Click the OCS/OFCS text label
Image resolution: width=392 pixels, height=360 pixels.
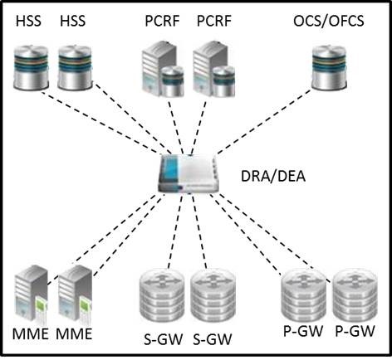pyautogui.click(x=329, y=22)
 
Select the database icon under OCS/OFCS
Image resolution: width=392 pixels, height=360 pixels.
pyautogui.click(x=329, y=67)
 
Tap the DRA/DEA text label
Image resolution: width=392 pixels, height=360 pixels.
pyautogui.click(x=273, y=176)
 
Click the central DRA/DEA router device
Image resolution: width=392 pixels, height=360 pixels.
pyautogui.click(x=189, y=173)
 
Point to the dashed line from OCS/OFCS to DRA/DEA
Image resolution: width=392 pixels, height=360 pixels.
pyautogui.click(x=264, y=122)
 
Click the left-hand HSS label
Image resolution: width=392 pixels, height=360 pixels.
pyautogui.click(x=28, y=21)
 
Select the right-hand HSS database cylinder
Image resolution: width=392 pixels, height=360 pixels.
pyautogui.click(x=75, y=67)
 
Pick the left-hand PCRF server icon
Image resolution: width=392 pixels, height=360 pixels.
pyautogui.click(x=163, y=69)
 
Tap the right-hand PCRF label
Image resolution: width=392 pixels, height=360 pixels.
pyautogui.click(x=214, y=21)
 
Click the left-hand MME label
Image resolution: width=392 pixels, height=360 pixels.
pyautogui.click(x=31, y=333)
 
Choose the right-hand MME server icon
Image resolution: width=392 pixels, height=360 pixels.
pyautogui.click(x=75, y=294)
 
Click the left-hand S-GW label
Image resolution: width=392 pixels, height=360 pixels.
pyautogui.click(x=164, y=339)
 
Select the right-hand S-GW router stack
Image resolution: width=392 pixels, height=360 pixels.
pyautogui.click(x=213, y=296)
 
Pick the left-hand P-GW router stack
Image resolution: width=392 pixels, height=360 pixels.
pyautogui.click(x=304, y=295)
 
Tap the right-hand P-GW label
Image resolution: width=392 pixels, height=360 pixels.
pyautogui.click(x=355, y=331)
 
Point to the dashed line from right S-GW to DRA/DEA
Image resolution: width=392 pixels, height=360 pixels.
pyautogui.click(x=199, y=231)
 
